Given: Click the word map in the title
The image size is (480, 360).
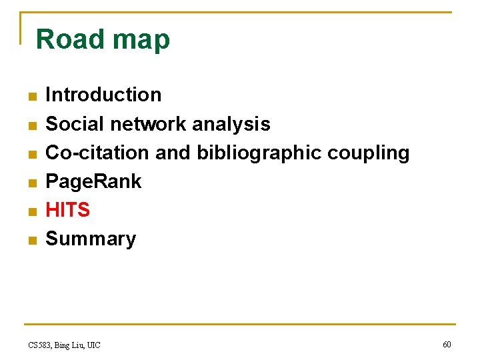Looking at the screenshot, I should click(141, 41).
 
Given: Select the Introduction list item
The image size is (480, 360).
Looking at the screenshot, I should click(103, 95).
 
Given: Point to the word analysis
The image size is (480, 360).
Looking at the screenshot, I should click(231, 125).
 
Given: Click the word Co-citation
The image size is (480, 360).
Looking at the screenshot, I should click(97, 153).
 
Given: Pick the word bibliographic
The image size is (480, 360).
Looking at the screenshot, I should click(259, 153).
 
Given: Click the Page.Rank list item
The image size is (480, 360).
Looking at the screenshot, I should click(93, 181).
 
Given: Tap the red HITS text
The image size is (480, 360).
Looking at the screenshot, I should click(67, 210).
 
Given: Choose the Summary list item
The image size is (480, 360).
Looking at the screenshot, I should click(91, 239).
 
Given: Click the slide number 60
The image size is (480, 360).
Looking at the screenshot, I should click(447, 344).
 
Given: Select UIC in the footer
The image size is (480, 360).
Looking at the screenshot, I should click(93, 345).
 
